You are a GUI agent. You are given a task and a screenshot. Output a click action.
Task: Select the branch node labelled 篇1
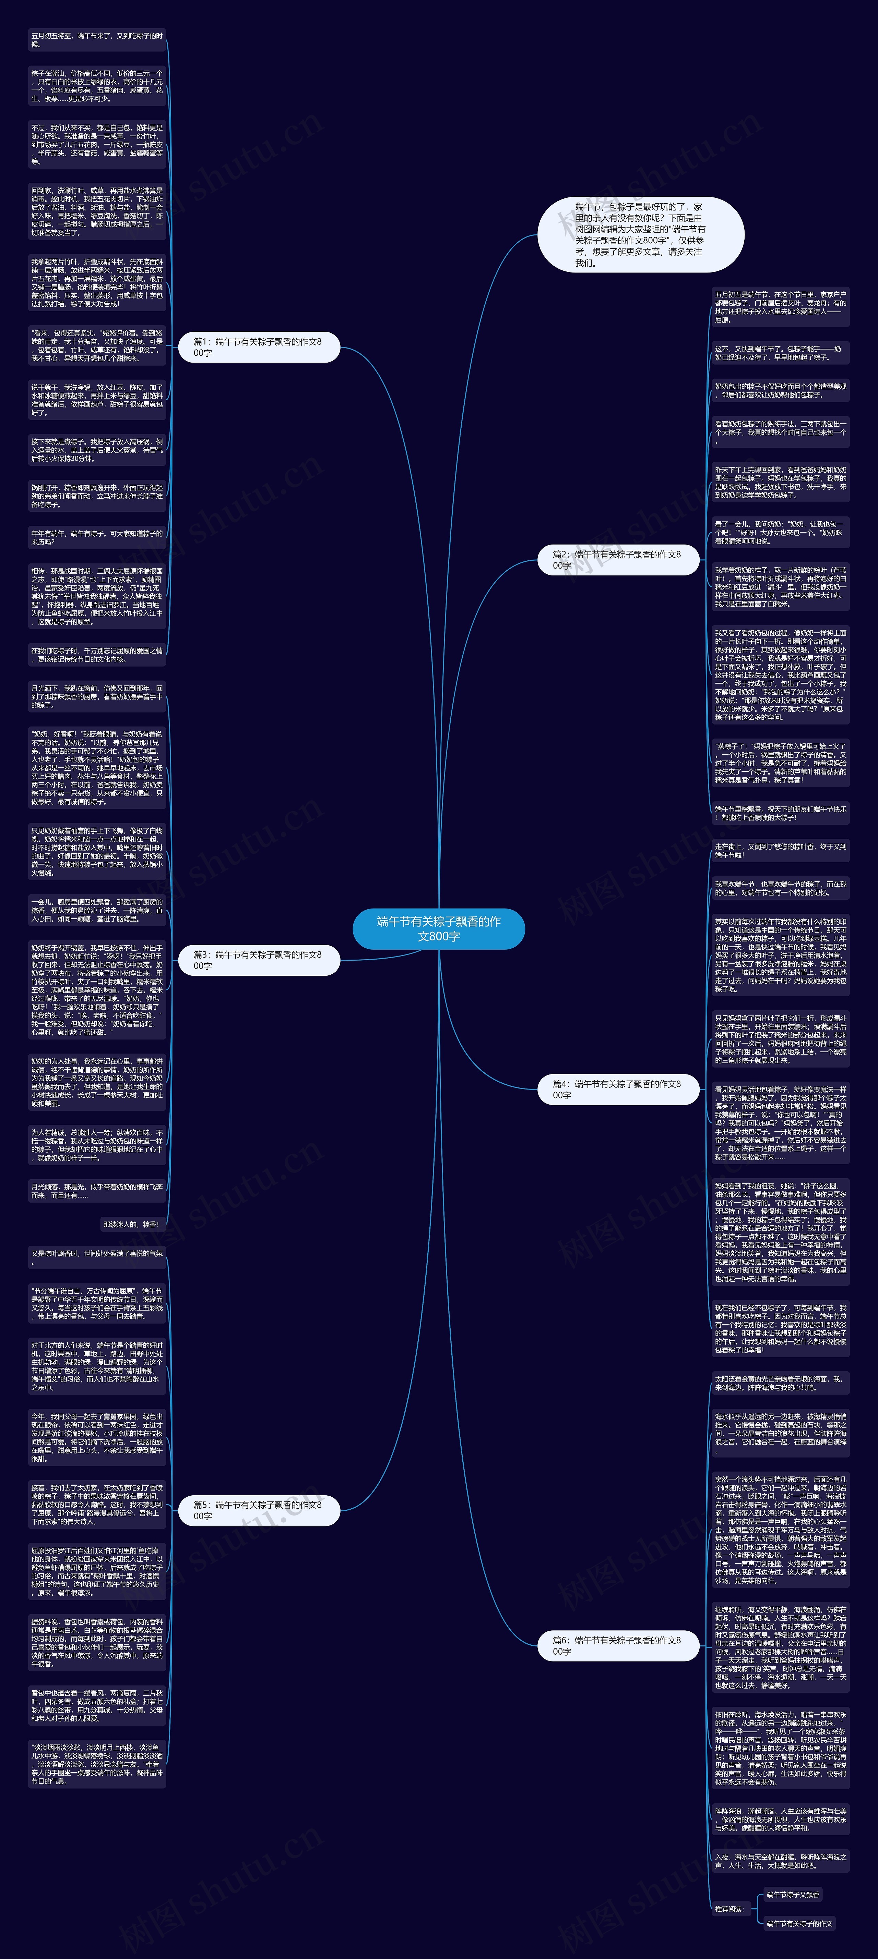(259, 347)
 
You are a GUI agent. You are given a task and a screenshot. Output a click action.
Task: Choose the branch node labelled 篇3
(259, 960)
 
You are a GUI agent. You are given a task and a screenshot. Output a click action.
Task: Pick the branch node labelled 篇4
(618, 1089)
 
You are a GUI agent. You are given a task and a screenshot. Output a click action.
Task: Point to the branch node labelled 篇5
(259, 1510)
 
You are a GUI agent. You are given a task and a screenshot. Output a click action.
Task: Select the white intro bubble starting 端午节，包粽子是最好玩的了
(641, 234)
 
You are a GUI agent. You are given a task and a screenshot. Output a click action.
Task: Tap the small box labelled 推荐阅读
(729, 1908)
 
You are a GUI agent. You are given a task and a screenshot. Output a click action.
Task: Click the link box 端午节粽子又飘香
(793, 1894)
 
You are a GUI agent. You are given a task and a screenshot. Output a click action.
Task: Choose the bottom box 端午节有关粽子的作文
(799, 1923)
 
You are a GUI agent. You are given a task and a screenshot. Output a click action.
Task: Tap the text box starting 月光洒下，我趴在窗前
(97, 696)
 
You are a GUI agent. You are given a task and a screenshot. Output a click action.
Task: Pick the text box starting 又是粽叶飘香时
(97, 1257)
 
